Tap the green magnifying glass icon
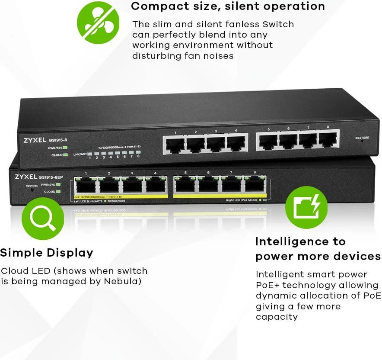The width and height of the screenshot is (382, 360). pos(43,218)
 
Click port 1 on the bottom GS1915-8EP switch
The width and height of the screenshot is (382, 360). pos(86,185)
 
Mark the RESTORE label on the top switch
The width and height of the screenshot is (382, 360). pos(362,138)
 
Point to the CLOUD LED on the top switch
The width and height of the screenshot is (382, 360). pos(65,154)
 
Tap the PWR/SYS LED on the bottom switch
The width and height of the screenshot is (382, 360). pos(58,185)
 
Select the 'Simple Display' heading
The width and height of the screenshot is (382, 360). pos(47,253)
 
